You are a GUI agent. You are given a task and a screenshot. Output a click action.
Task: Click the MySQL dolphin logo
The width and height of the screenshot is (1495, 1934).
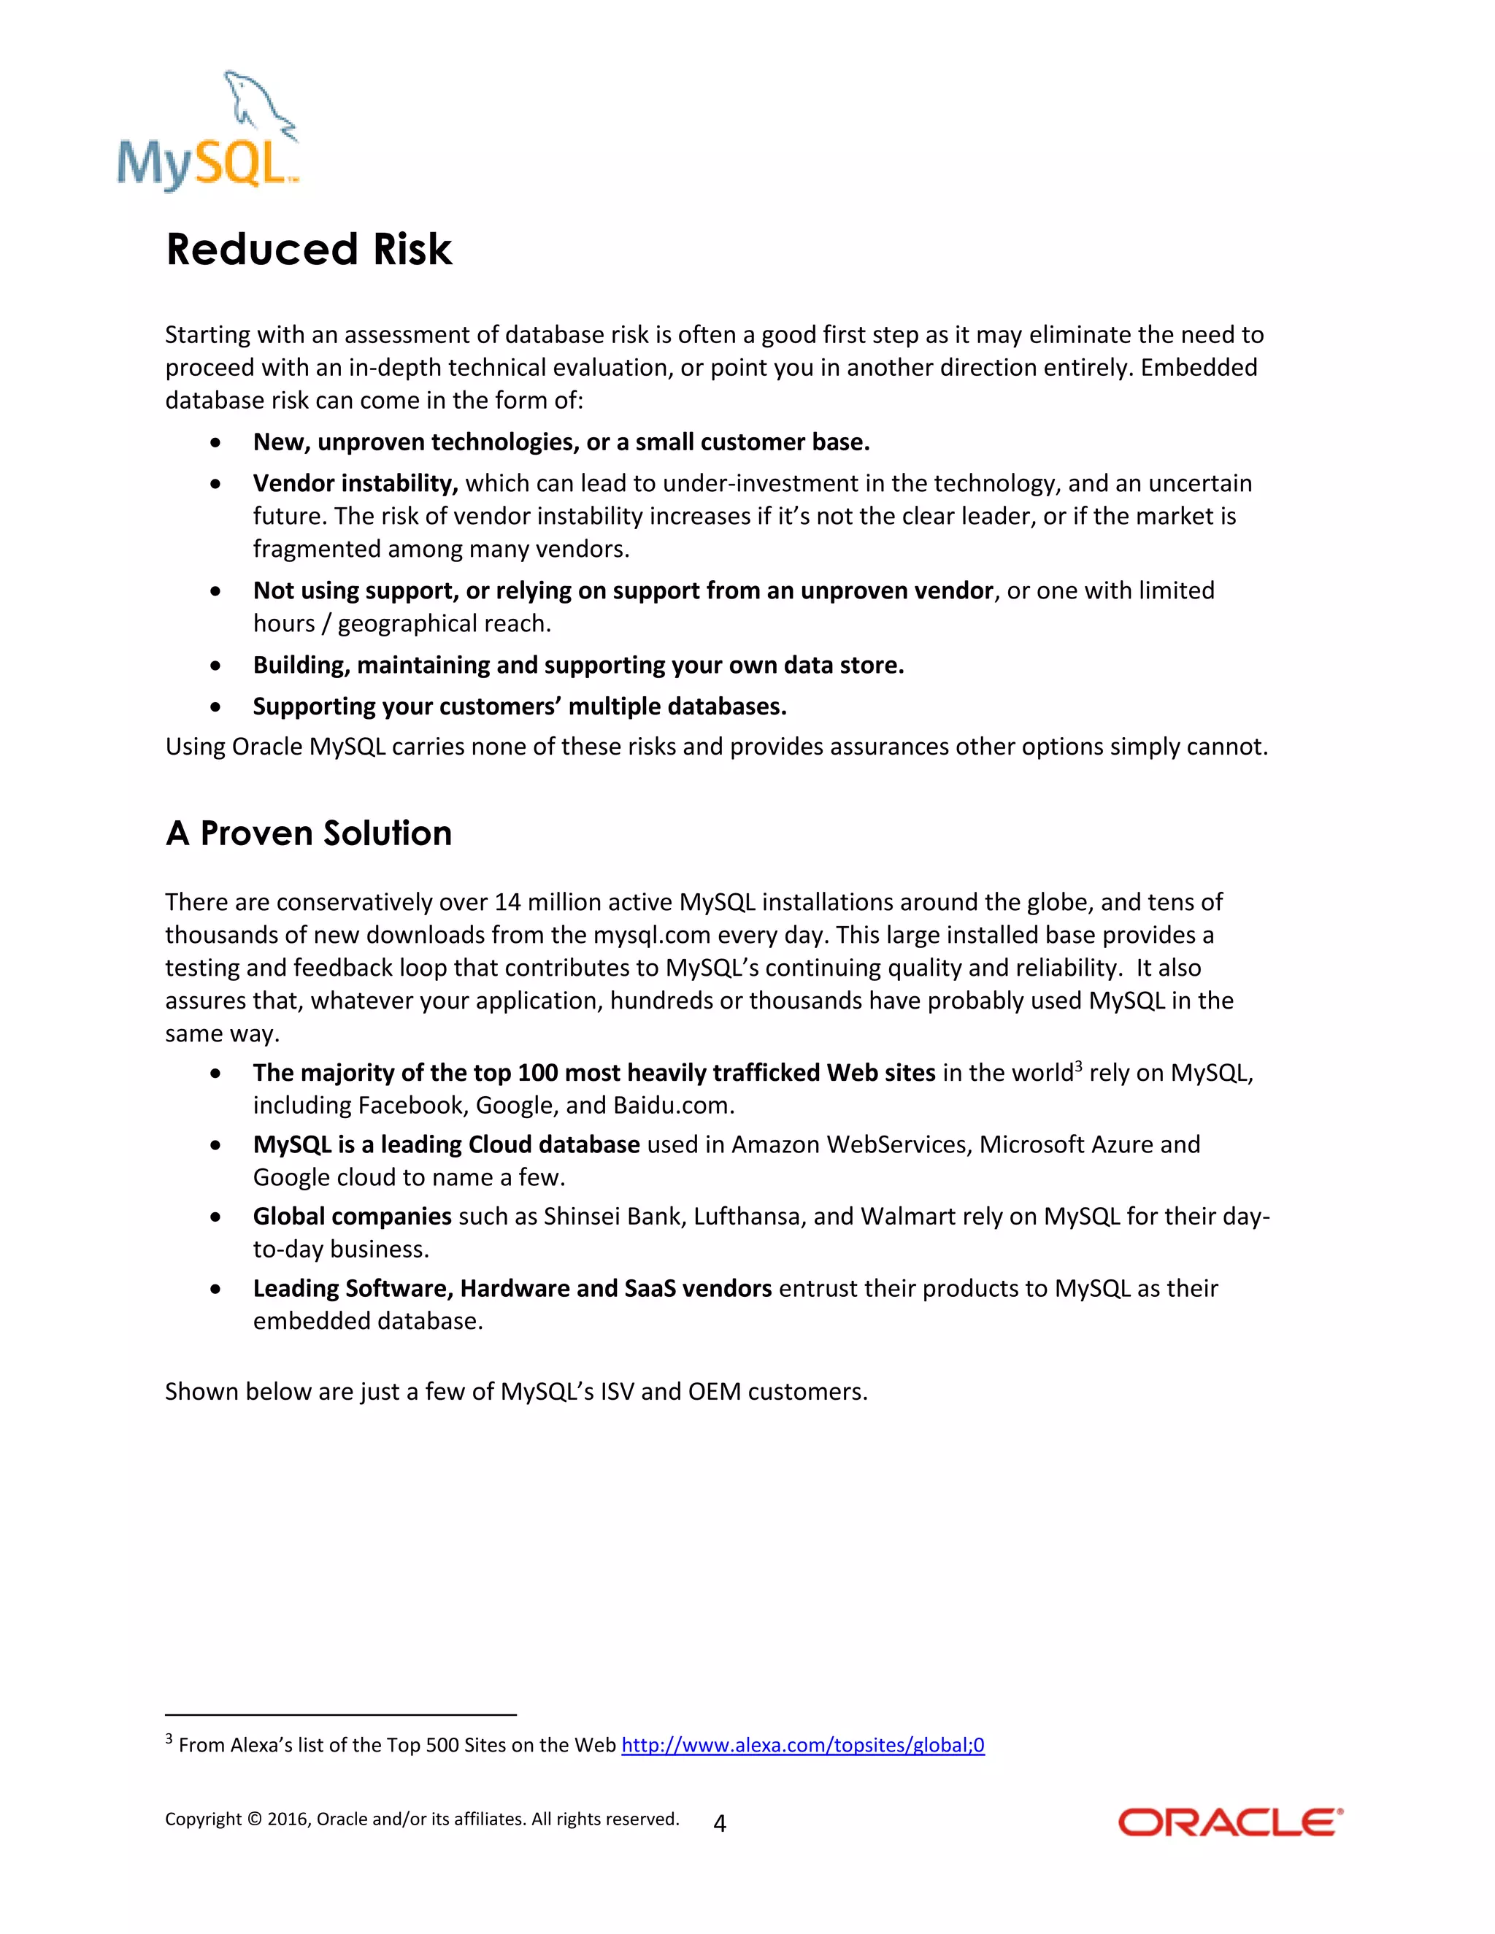(x=209, y=131)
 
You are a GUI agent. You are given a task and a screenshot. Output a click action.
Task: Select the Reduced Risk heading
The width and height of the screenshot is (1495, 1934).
(x=309, y=249)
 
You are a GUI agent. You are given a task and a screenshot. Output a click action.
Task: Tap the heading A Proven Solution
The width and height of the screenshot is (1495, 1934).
(x=308, y=833)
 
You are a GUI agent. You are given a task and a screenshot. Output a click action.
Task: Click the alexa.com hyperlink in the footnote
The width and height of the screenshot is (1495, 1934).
(x=802, y=1744)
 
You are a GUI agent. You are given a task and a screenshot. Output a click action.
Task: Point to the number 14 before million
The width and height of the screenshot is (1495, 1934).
(x=507, y=902)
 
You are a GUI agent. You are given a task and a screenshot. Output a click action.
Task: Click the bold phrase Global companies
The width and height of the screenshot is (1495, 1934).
(x=353, y=1217)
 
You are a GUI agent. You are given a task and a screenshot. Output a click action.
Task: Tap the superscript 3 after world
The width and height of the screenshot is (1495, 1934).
(x=1078, y=1066)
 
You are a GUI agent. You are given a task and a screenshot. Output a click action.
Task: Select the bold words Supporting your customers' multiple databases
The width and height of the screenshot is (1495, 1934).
(x=520, y=706)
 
